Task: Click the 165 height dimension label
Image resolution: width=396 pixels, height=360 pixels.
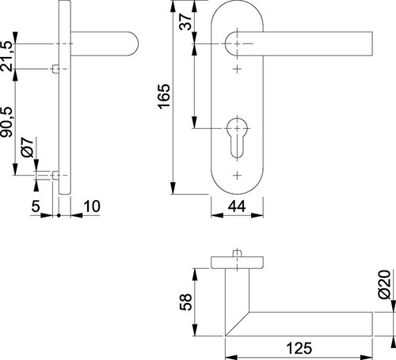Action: coord(164,96)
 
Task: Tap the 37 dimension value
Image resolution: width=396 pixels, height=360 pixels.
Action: coord(185,22)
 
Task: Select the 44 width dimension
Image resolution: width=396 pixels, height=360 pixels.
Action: coord(237,207)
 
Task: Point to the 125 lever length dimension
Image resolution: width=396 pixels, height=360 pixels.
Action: coord(299,348)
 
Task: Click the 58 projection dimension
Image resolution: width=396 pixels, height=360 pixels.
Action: coord(185,302)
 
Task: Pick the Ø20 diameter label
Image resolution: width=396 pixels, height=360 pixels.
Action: coord(384,284)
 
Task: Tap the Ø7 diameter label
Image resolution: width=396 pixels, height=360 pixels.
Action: coord(28,147)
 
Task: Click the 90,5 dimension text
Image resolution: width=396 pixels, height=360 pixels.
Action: coord(6,122)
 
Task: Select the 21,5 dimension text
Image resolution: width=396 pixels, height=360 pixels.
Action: coord(6,56)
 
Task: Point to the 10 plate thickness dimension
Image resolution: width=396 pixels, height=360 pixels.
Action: coord(92,207)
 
